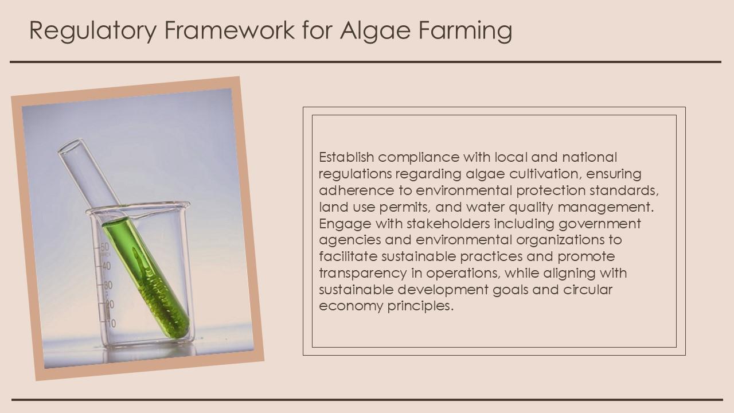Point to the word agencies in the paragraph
point(345,240)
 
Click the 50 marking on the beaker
point(104,247)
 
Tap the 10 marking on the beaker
point(111,324)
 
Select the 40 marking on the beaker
point(106,266)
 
